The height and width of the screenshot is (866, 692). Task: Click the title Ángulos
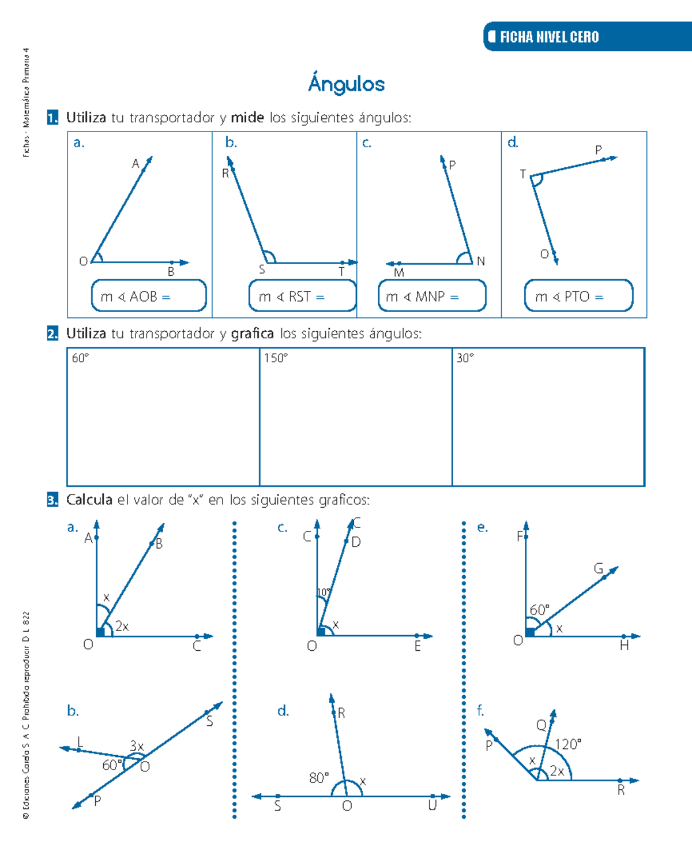point(346,84)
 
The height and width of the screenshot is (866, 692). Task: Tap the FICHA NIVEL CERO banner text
point(549,37)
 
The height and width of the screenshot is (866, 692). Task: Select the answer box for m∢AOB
point(149,296)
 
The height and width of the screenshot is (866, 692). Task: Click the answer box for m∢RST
point(303,296)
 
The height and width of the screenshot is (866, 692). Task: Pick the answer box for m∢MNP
point(432,296)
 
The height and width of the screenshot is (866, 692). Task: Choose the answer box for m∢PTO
point(578,296)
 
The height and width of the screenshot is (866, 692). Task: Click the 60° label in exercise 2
point(80,358)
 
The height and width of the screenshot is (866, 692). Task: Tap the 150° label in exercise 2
point(276,358)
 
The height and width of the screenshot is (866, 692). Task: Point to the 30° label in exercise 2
point(465,358)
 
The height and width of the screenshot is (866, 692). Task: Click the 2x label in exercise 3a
point(122,627)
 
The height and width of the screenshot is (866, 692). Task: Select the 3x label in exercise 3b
point(137,746)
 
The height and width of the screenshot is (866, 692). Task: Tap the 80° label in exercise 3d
point(319,778)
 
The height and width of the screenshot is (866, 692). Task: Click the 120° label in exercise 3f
point(568,744)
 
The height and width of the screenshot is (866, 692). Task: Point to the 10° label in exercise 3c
point(324,593)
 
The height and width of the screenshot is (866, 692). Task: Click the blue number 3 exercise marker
point(52,500)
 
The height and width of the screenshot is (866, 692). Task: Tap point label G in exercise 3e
point(599,569)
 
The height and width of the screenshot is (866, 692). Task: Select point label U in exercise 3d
point(432,806)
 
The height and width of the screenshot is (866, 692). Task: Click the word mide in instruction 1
point(247,118)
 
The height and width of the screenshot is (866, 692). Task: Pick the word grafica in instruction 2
point(252,333)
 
